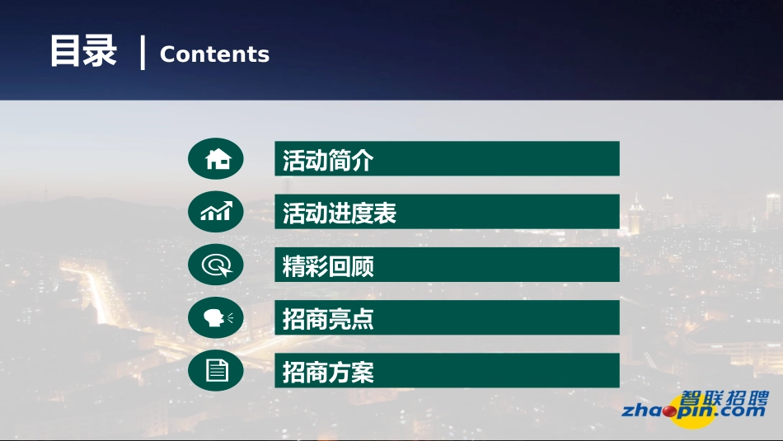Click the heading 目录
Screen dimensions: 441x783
click(83, 51)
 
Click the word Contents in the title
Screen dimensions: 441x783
click(214, 54)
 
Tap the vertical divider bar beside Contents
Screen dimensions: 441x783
click(143, 53)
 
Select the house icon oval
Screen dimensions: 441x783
click(216, 159)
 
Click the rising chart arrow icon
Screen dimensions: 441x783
click(216, 212)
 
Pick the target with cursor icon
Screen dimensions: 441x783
click(216, 265)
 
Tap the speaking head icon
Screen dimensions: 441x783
click(216, 318)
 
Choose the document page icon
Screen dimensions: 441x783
click(216, 371)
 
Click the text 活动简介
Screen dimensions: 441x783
click(328, 160)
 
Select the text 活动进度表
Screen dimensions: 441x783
click(340, 213)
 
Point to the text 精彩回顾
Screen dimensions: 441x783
click(328, 266)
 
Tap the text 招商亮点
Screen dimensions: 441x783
click(328, 319)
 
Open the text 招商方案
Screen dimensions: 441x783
click(328, 373)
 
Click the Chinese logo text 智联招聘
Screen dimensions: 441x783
click(724, 395)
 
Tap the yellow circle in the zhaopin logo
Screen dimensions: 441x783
click(687, 411)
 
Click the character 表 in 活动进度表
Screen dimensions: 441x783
click(385, 213)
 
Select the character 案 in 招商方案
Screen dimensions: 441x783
click(363, 373)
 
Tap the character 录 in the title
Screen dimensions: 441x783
click(101, 51)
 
